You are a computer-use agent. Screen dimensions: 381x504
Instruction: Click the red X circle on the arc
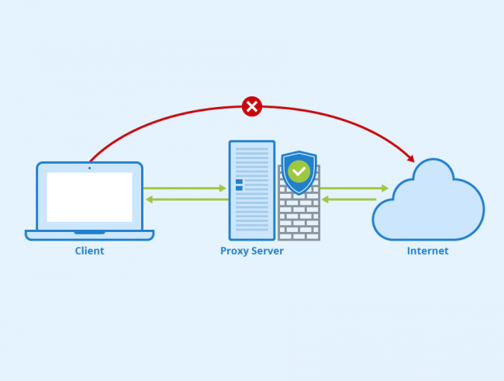(252, 106)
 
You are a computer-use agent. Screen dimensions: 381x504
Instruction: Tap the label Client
(89, 251)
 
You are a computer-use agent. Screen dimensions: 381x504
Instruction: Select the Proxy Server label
(252, 251)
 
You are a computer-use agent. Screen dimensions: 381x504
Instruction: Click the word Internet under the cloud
(427, 251)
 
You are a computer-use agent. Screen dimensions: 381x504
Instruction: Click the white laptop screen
(89, 197)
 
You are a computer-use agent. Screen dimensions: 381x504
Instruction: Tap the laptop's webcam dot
(89, 168)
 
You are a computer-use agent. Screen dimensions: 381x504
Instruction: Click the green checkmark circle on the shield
(299, 171)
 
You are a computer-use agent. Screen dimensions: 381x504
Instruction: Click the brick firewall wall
(299, 217)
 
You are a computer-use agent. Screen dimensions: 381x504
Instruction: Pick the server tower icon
(252, 190)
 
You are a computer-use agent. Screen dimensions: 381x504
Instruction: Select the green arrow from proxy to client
(186, 199)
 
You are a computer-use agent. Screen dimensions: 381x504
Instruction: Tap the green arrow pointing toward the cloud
(354, 188)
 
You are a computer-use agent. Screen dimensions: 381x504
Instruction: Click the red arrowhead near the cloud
(411, 159)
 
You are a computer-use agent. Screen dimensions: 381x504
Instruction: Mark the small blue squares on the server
(239, 185)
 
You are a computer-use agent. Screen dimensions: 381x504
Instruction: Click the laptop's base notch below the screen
(89, 232)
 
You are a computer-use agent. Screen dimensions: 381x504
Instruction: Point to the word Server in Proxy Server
(268, 251)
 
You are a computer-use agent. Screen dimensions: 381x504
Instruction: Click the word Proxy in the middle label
(234, 251)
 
